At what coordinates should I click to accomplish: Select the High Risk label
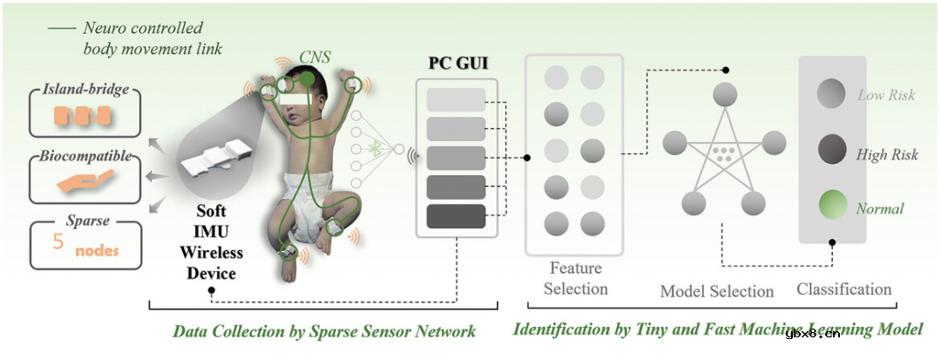pos(887,155)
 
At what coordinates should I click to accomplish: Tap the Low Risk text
pos(886,95)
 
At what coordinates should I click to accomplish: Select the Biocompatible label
pos(85,157)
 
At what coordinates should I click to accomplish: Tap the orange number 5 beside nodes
pos(58,242)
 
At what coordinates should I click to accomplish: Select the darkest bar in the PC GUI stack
pos(456,215)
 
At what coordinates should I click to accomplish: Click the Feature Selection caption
pos(575,278)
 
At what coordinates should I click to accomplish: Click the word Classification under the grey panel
pos(843,289)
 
